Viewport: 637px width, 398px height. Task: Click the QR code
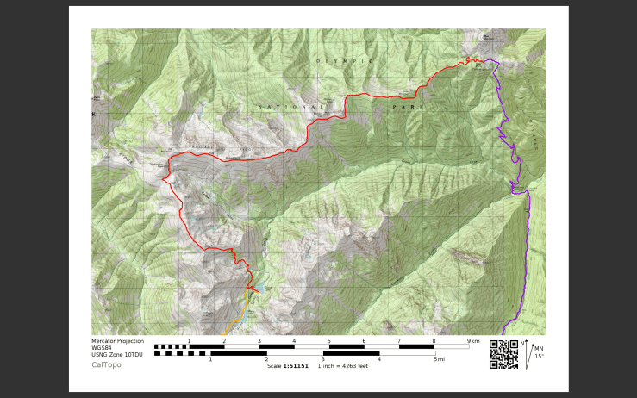pos(503,354)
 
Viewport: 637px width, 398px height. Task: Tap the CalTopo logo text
pos(107,364)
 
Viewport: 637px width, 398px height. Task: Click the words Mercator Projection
pos(118,341)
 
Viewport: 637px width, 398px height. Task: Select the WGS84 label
pos(103,348)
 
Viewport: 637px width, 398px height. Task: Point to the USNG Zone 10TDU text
pos(117,355)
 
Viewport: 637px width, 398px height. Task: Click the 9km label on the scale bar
pos(473,341)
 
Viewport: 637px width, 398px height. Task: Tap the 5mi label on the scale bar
pos(439,359)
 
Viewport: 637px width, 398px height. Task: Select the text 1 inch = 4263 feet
pos(343,366)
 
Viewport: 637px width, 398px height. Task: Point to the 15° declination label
pos(539,356)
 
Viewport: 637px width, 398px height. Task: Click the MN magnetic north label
pos(539,348)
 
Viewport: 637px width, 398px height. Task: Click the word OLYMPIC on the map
pos(344,61)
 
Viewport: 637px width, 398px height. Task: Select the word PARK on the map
pos(409,107)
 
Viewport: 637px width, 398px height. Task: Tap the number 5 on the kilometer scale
pos(328,341)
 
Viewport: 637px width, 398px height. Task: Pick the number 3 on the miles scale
pos(322,359)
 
